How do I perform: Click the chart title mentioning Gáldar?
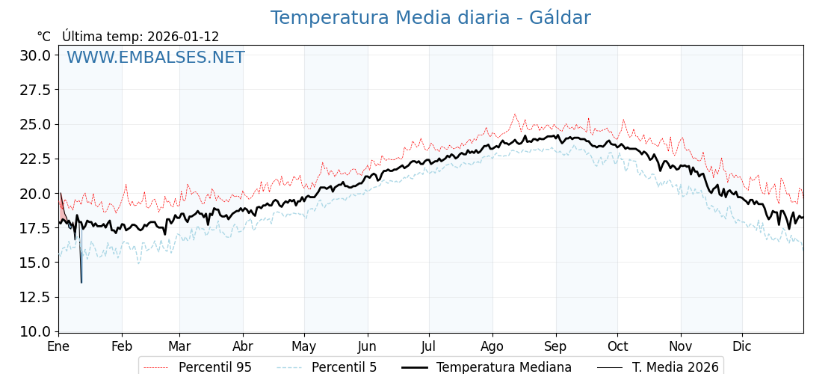pos(430,18)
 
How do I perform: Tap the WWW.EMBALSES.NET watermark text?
pos(155,58)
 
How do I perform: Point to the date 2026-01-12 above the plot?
pos(183,37)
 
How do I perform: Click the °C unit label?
pos(43,37)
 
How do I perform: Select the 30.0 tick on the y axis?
pos(34,55)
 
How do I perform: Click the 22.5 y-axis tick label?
pos(34,159)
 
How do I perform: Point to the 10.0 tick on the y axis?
pos(34,331)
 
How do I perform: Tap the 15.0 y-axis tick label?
pos(34,263)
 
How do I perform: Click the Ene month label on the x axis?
pos(58,346)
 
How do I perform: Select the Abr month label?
pos(243,346)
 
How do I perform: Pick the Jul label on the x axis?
pos(429,346)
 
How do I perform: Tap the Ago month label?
pos(492,346)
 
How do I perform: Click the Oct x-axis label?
pos(617,346)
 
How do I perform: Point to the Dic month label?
pos(742,346)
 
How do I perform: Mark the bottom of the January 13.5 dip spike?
pos(81,282)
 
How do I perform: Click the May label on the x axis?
pos(304,346)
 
